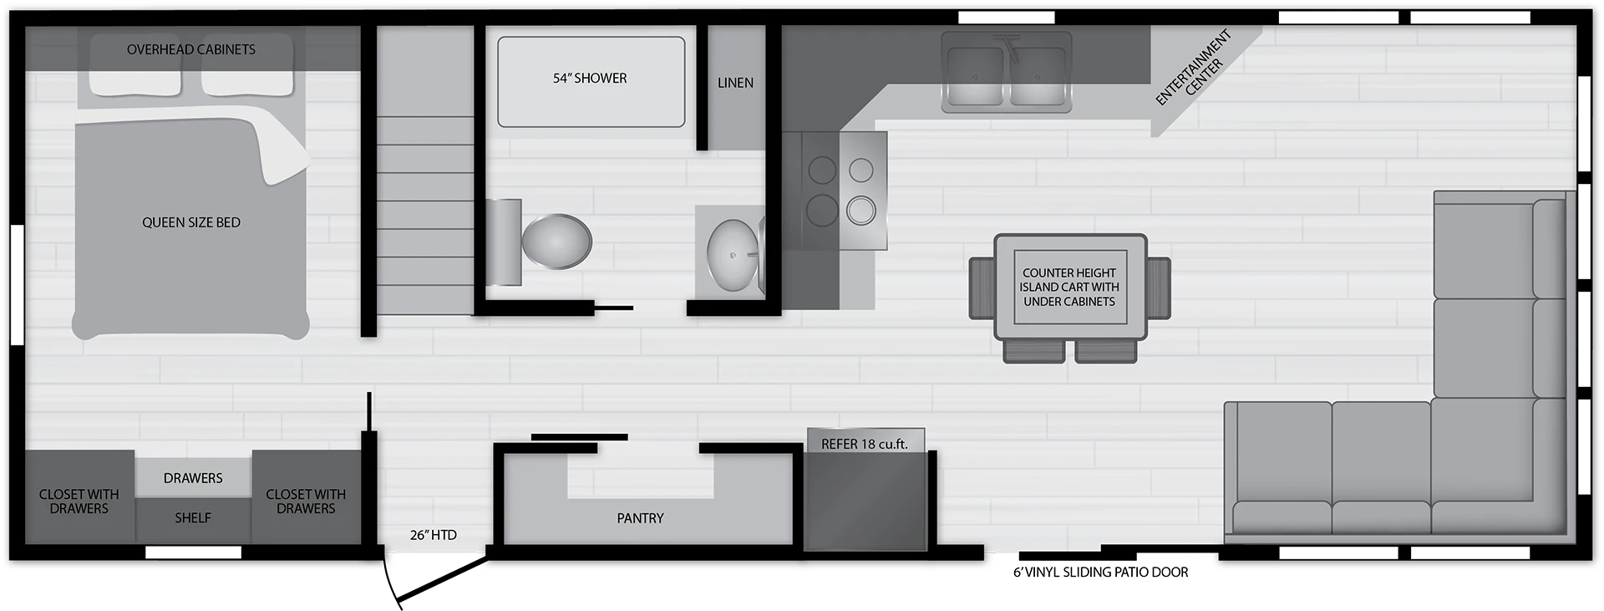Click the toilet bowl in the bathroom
tap(556, 242)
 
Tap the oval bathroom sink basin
tap(733, 255)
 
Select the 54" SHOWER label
tap(590, 79)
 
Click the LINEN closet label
tap(735, 83)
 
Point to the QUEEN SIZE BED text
tap(191, 222)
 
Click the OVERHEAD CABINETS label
tap(191, 49)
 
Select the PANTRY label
tap(640, 518)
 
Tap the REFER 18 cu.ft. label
tap(864, 444)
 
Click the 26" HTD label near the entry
tap(434, 535)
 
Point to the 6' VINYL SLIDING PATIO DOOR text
tap(1100, 573)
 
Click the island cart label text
tap(1069, 287)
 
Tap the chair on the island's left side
tap(982, 288)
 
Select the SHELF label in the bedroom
tap(193, 518)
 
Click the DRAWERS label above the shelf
tap(193, 478)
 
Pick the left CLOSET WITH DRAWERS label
tap(79, 502)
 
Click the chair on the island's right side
tap(1158, 288)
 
